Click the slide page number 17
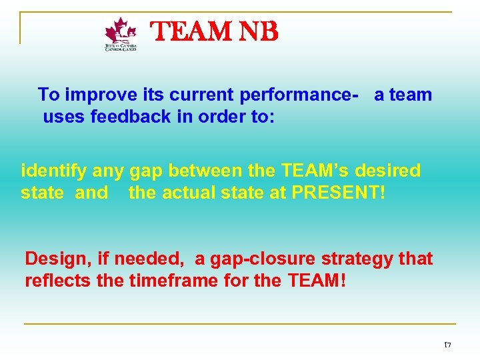(447, 345)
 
